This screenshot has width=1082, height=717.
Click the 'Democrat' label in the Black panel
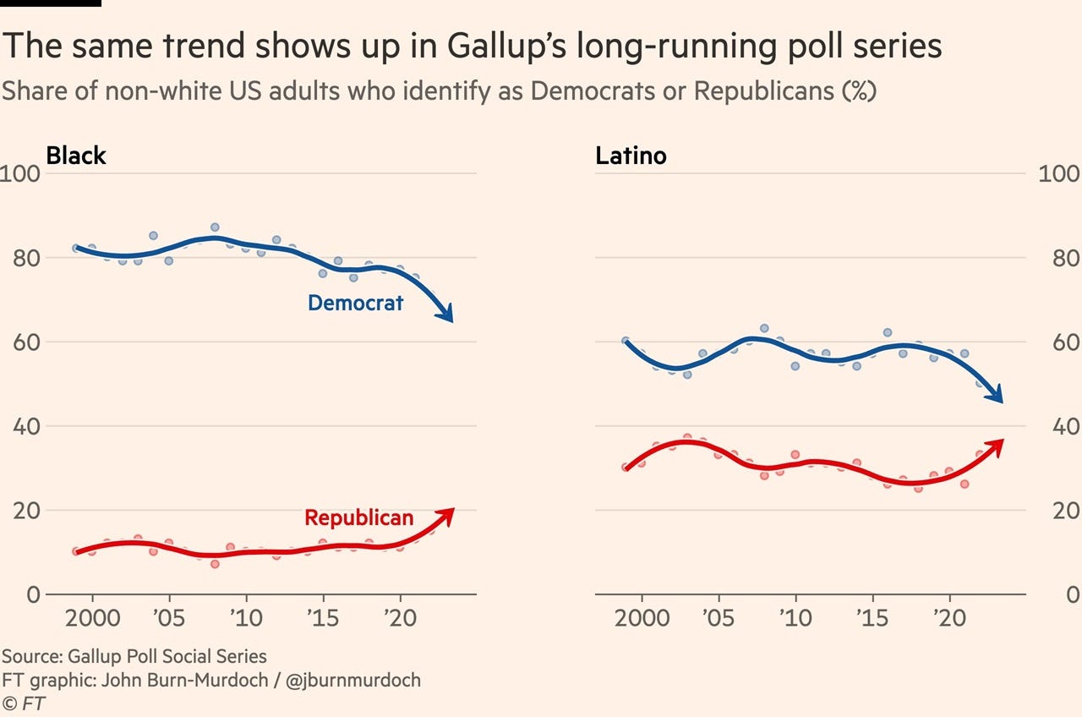[x=355, y=303]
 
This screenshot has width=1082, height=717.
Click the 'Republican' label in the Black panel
[x=358, y=517]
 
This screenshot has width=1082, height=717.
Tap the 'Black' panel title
[x=76, y=156]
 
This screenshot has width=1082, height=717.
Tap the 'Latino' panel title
[x=631, y=156]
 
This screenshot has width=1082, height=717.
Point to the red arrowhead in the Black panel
[x=447, y=513]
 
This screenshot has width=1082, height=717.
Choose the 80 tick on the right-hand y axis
[x=1059, y=259]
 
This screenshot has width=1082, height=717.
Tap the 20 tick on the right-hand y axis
[x=1059, y=511]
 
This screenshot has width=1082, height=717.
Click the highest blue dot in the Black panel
[x=215, y=227]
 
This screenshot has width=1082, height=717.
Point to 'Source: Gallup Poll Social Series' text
[x=134, y=656]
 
